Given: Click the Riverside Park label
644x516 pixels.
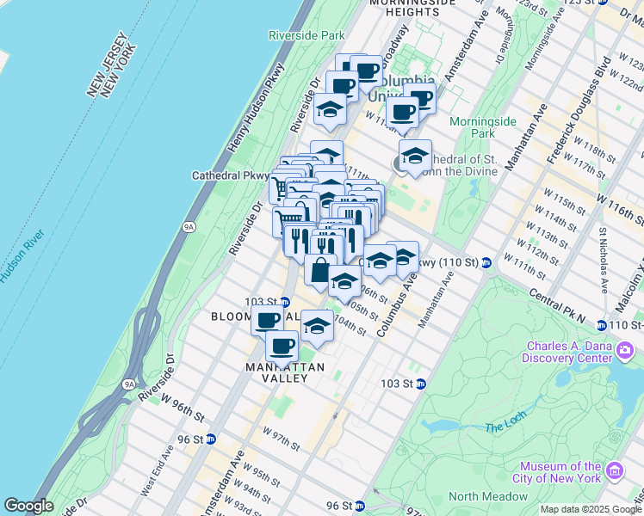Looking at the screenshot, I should (x=307, y=35).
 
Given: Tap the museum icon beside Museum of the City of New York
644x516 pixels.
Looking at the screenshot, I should (x=615, y=471).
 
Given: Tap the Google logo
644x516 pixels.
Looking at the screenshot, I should (x=28, y=506).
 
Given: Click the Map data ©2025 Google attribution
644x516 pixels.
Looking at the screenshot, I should (x=590, y=509).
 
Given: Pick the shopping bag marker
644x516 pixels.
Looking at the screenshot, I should (x=320, y=270).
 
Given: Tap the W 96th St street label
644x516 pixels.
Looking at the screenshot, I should (x=180, y=412).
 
